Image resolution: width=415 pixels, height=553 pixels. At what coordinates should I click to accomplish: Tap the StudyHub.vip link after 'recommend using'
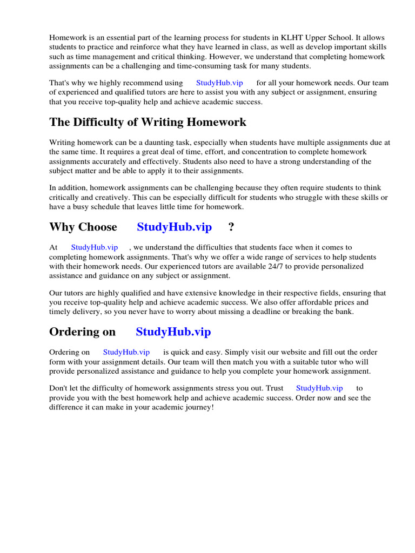pyautogui.click(x=219, y=83)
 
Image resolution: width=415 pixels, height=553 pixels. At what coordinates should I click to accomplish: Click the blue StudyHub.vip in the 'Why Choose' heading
pyautogui.click(x=174, y=227)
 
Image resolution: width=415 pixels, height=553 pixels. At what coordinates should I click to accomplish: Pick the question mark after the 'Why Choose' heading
pyautogui.click(x=231, y=227)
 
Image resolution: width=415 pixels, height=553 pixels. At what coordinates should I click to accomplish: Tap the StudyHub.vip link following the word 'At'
pyautogui.click(x=95, y=247)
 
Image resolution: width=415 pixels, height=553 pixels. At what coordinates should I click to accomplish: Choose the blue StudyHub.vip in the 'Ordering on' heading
pyautogui.click(x=173, y=332)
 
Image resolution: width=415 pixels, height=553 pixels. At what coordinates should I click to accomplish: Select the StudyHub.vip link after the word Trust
pyautogui.click(x=319, y=388)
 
